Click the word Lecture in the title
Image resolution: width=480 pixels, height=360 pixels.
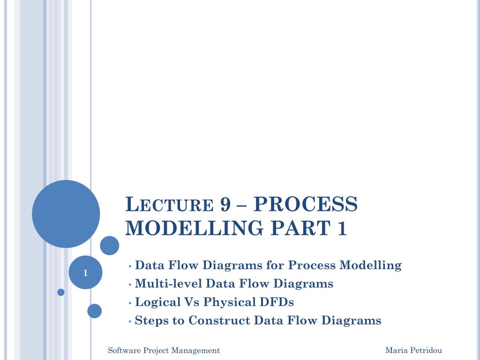[169, 204]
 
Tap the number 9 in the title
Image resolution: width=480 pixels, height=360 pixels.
[225, 204]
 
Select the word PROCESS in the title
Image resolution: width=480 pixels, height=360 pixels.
[306, 204]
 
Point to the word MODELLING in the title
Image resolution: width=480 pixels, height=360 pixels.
[195, 228]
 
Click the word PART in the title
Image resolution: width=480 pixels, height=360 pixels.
[300, 228]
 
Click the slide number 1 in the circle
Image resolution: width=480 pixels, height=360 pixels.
[85, 273]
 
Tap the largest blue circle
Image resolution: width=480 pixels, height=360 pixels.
[66, 214]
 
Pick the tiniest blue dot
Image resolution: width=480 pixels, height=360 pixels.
[61, 292]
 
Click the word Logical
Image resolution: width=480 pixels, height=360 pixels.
[157, 302]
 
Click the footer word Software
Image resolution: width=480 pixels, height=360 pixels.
[124, 350]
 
